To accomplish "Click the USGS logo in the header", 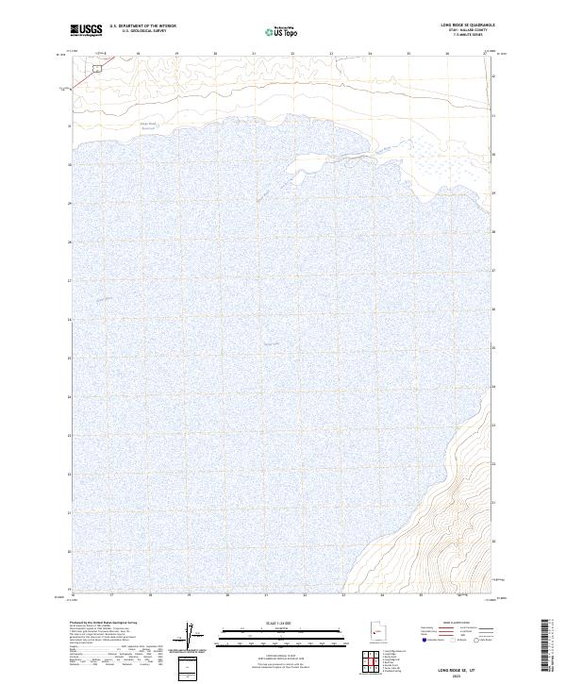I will click(86, 30).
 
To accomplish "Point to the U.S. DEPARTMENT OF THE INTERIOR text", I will click(142, 26).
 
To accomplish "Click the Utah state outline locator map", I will click(376, 633).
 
